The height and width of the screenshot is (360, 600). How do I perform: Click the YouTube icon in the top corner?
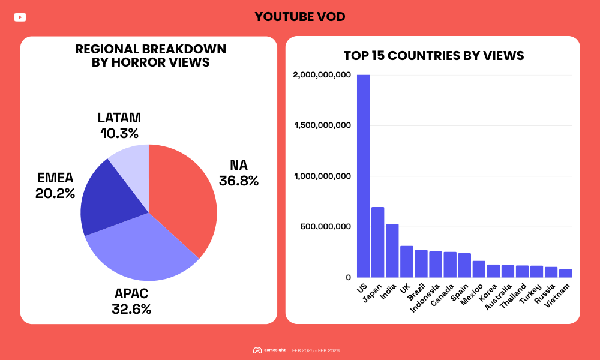click(x=20, y=17)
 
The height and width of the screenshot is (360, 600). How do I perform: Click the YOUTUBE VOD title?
click(x=300, y=17)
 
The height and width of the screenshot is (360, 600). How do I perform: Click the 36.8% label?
click(x=239, y=181)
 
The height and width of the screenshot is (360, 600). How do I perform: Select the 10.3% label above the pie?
click(x=119, y=133)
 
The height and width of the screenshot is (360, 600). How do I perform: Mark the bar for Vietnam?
click(x=565, y=274)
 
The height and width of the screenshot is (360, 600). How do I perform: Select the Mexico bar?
click(x=479, y=269)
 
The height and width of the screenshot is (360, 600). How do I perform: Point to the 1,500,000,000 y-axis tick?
click(x=322, y=125)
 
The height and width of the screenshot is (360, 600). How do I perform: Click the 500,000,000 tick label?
click(x=326, y=227)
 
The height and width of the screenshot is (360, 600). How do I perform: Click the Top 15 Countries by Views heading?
click(x=434, y=56)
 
